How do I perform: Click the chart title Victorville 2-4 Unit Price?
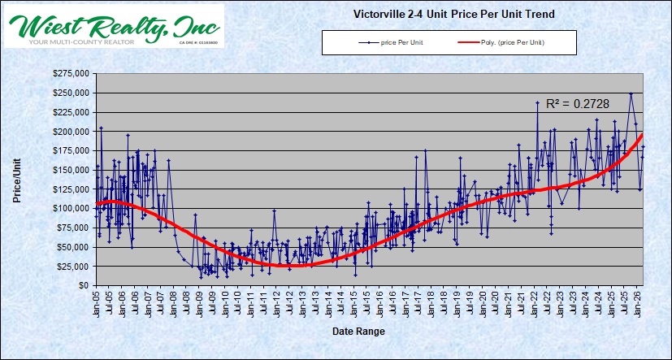tap(454, 14)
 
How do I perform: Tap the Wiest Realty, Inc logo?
tap(114, 25)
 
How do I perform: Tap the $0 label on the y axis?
tap(83, 285)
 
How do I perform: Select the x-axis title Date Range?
tap(358, 332)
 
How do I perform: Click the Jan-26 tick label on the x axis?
tap(639, 303)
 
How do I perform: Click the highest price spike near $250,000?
tap(631, 93)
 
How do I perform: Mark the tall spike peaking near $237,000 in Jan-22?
tap(537, 102)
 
